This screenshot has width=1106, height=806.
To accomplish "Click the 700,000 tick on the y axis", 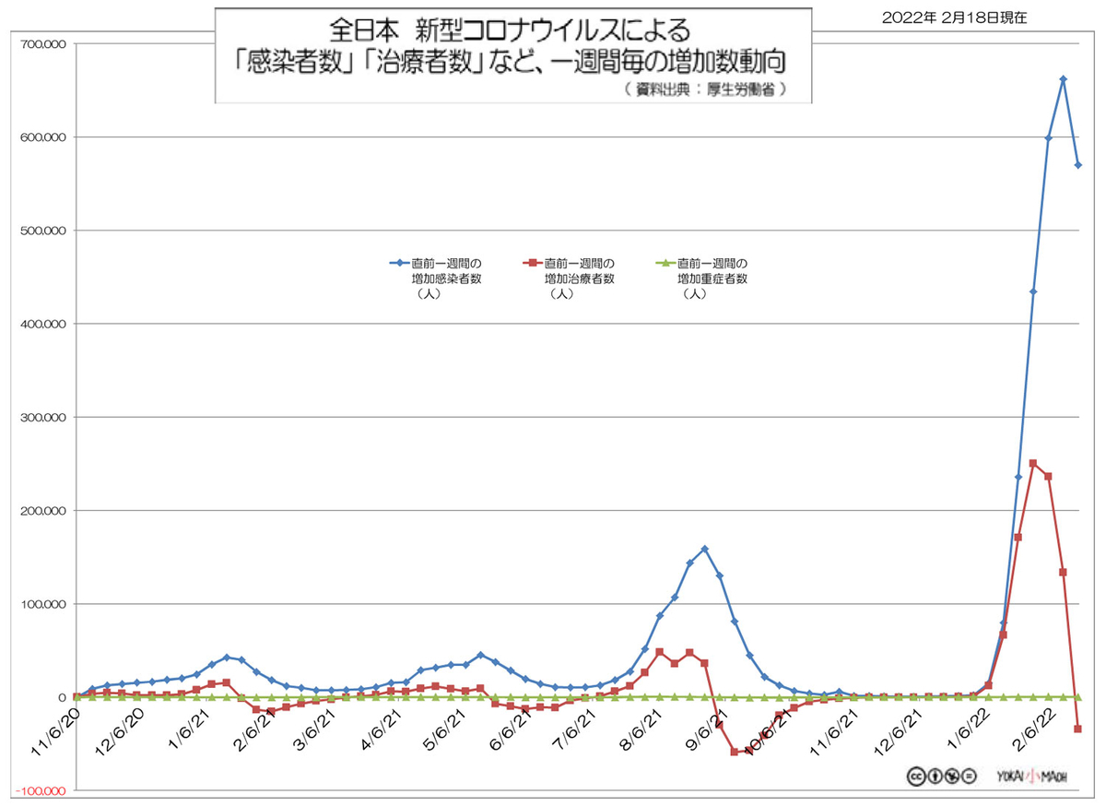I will (x=38, y=43).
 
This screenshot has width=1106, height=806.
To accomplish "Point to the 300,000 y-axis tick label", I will (x=38, y=417).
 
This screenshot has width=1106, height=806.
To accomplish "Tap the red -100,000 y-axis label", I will (x=38, y=791).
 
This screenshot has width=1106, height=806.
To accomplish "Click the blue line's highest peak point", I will (x=1063, y=79).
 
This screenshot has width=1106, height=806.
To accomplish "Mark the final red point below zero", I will (x=1077, y=729).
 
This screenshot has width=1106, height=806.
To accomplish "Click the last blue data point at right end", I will (x=1077, y=165).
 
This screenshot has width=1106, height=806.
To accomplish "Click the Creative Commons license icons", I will (x=940, y=776).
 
